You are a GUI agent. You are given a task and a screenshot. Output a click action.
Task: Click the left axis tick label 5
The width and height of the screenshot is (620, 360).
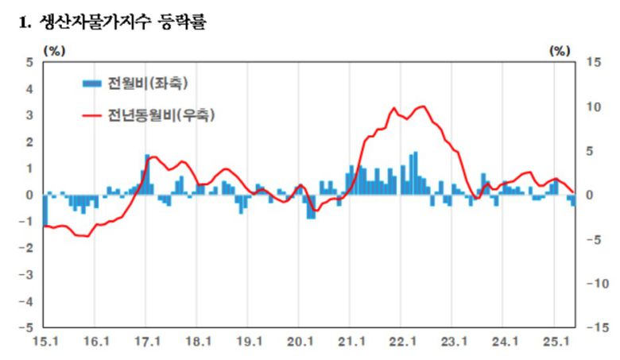pos(29,62)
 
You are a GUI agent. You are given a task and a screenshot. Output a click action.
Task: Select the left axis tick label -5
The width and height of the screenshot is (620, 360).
pos(27,327)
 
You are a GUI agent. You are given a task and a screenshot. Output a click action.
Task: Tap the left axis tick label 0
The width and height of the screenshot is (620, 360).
pos(29,195)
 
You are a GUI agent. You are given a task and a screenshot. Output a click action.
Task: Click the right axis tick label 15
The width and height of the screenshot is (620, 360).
pos(594,62)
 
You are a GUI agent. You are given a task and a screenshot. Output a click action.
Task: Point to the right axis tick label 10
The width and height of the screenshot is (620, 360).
pos(594,106)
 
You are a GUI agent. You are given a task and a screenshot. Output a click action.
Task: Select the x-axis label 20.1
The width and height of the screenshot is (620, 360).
pos(300,343)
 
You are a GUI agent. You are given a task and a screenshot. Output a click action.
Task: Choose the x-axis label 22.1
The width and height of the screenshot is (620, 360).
pos(402,343)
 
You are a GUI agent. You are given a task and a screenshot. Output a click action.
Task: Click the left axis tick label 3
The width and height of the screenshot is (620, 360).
pos(29,115)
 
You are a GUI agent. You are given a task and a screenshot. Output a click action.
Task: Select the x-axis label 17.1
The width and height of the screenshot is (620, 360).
pos(146,343)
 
